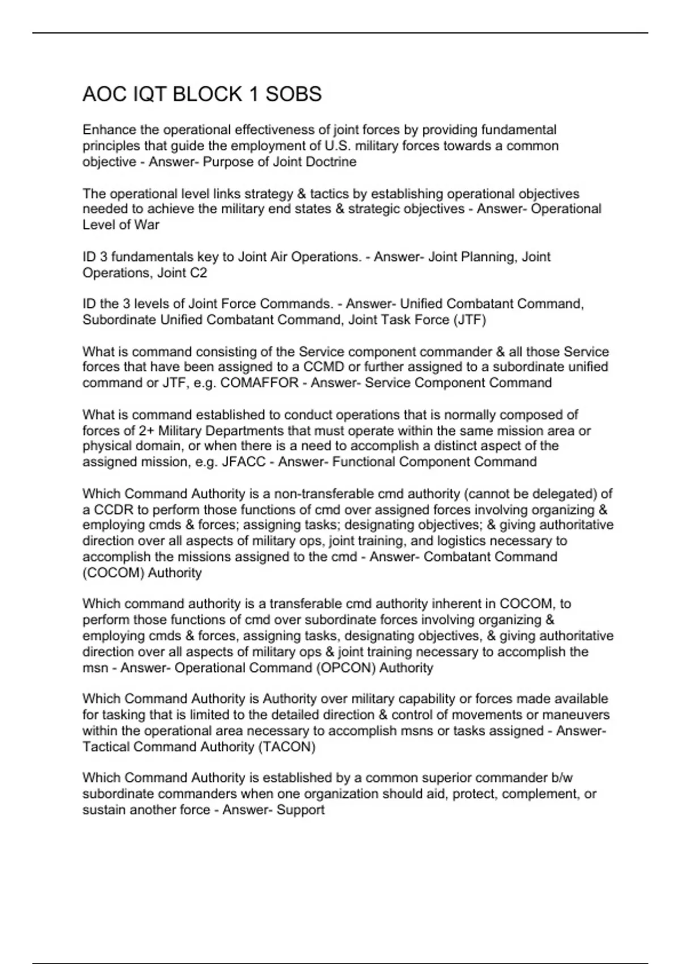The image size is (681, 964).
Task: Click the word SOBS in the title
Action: pyautogui.click(x=293, y=94)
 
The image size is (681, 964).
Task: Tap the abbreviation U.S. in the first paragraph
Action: pyautogui.click(x=339, y=146)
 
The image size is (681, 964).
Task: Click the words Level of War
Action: pyautogui.click(x=121, y=225)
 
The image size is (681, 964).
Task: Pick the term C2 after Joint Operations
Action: pyautogui.click(x=198, y=273)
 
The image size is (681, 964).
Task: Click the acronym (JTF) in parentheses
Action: pyautogui.click(x=469, y=320)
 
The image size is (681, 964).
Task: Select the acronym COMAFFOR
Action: pyautogui.click(x=259, y=383)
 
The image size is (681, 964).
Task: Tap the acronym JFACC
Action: pyautogui.click(x=244, y=462)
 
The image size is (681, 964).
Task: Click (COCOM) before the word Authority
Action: pyautogui.click(x=113, y=573)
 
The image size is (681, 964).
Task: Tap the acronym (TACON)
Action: pyautogui.click(x=287, y=747)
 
